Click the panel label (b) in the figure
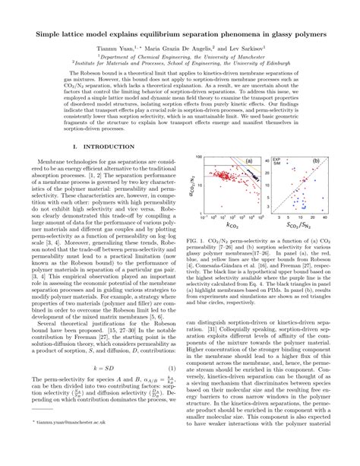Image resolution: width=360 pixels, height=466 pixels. pyautogui.click(x=314, y=161)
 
